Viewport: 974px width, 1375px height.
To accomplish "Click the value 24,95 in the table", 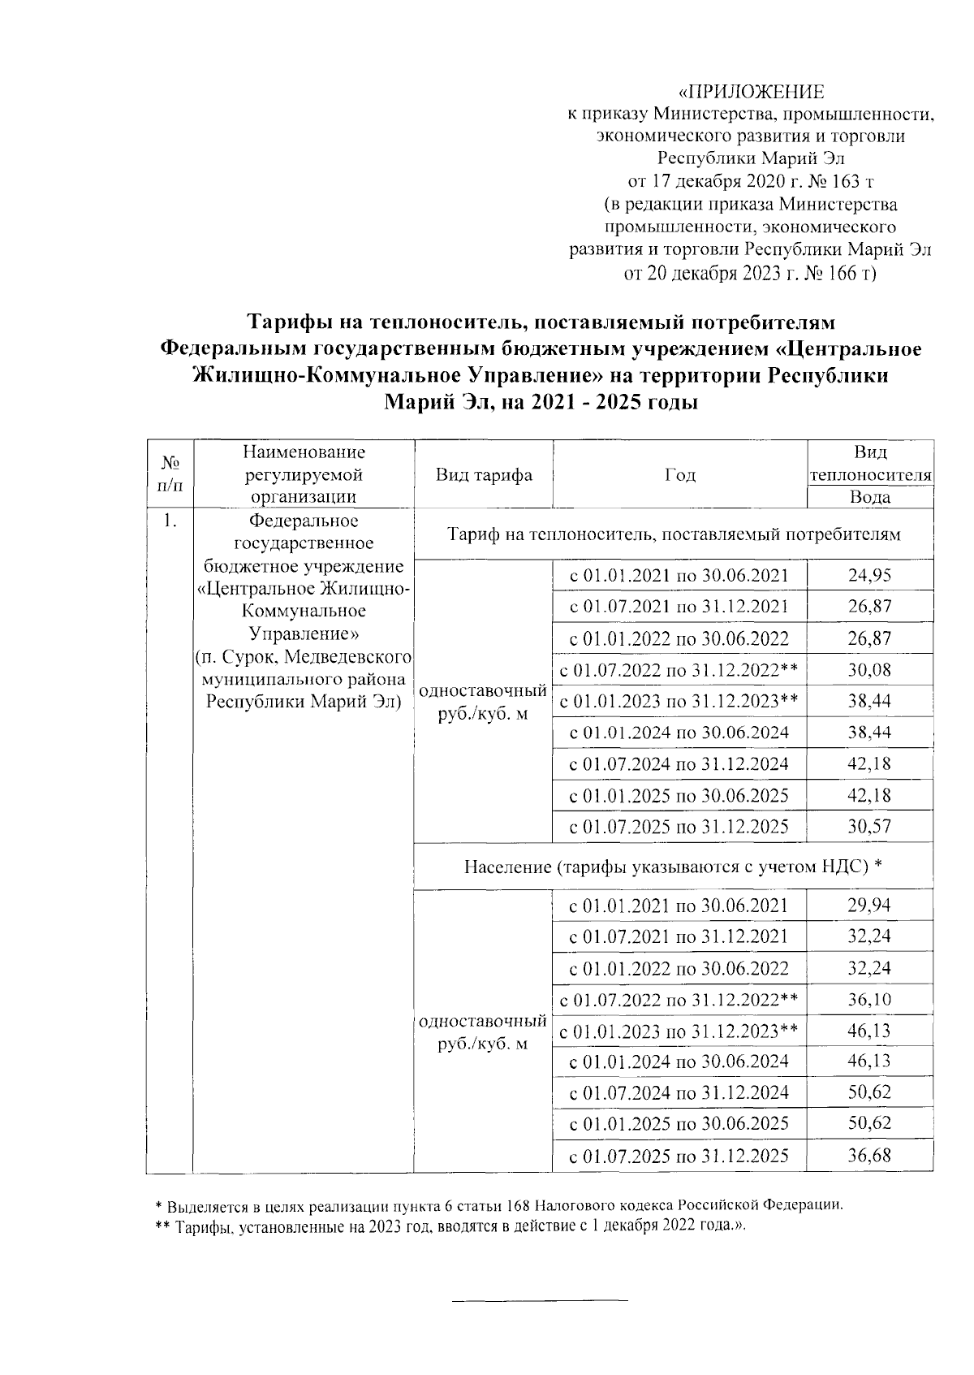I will tap(869, 576).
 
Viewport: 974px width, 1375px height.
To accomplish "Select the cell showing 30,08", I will tap(869, 670).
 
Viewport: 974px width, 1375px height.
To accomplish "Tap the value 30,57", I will tap(869, 827).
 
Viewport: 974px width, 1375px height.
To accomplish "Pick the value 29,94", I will tap(869, 905).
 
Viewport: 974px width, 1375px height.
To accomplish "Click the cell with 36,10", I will tap(869, 999).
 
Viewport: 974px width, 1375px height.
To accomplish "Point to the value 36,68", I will tap(869, 1155).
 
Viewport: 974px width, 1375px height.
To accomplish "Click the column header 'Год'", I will tap(679, 475).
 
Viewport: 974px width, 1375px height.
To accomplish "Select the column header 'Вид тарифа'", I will tap(483, 475).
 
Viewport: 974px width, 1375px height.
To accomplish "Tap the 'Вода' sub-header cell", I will tap(869, 498).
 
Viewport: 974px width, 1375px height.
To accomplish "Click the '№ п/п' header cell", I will tap(170, 474).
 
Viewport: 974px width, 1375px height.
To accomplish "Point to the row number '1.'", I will tap(169, 521).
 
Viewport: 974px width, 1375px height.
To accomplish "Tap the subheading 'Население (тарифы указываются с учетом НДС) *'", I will tap(673, 867).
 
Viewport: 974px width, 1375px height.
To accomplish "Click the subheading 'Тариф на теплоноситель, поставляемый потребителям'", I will tap(673, 534).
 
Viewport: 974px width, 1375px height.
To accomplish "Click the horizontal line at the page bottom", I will tap(540, 1301).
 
